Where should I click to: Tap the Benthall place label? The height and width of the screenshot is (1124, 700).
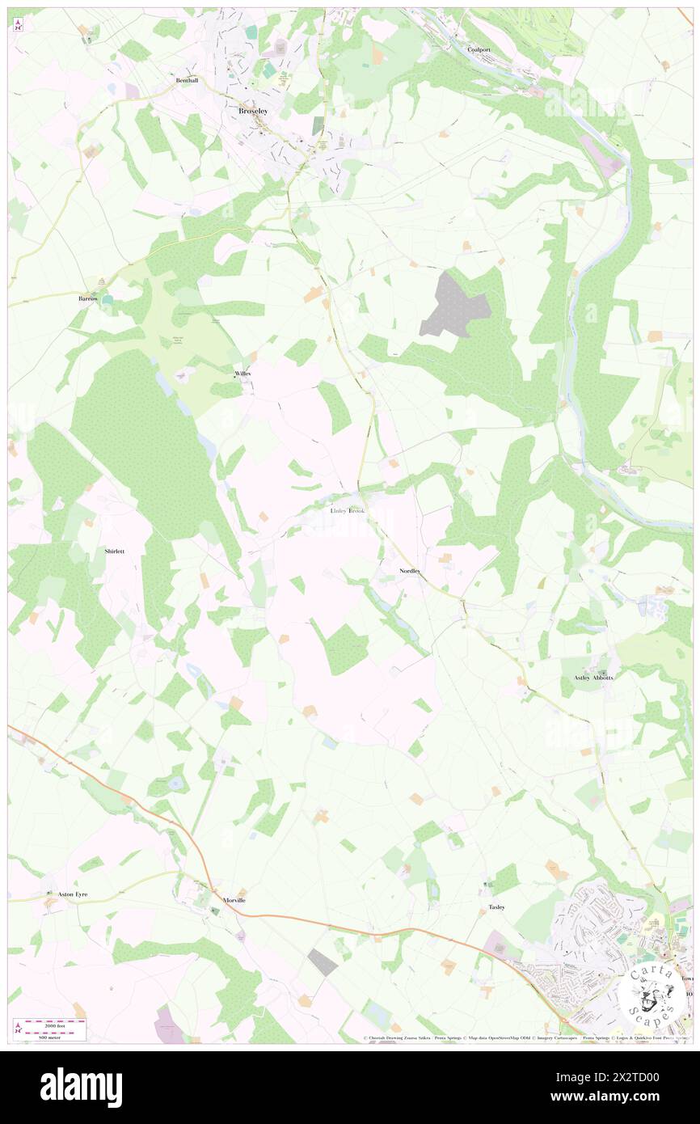pyautogui.click(x=188, y=81)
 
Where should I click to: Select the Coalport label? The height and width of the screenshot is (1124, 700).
pyautogui.click(x=479, y=49)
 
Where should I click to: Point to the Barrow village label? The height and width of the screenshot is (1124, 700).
pyautogui.click(x=88, y=298)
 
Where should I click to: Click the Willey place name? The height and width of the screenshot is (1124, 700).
pyautogui.click(x=242, y=374)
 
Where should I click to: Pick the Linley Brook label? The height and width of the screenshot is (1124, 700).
pyautogui.click(x=348, y=511)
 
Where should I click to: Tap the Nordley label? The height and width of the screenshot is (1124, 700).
pyautogui.click(x=410, y=571)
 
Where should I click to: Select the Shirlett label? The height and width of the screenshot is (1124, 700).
pyautogui.click(x=115, y=551)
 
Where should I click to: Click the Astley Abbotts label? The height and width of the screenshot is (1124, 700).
pyautogui.click(x=593, y=677)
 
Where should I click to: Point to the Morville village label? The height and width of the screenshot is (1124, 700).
pyautogui.click(x=234, y=900)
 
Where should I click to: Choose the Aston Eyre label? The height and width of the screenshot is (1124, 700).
pyautogui.click(x=73, y=894)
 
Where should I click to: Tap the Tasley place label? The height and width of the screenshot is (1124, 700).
pyautogui.click(x=496, y=907)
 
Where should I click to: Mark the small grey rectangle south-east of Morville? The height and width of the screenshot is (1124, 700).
pyautogui.click(x=323, y=962)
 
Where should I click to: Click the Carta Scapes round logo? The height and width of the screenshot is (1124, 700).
pyautogui.click(x=652, y=993)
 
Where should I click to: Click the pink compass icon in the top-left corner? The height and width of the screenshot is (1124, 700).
pyautogui.click(x=18, y=25)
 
